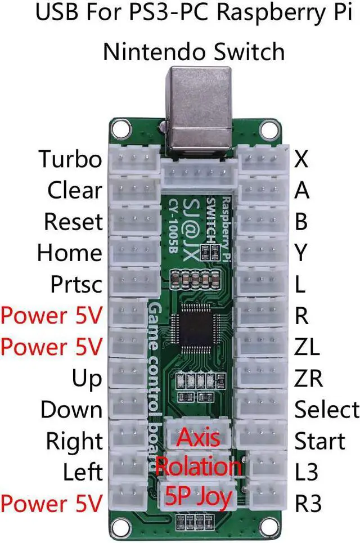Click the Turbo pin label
70,160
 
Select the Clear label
74,191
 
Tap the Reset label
73,222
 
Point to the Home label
70,253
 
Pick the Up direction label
87,378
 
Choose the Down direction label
71,410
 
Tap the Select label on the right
326,410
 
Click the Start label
319,441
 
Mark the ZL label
307,347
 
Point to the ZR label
309,378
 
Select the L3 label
306,472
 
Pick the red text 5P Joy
197,497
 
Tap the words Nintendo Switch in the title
194,52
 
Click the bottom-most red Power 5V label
52,502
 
